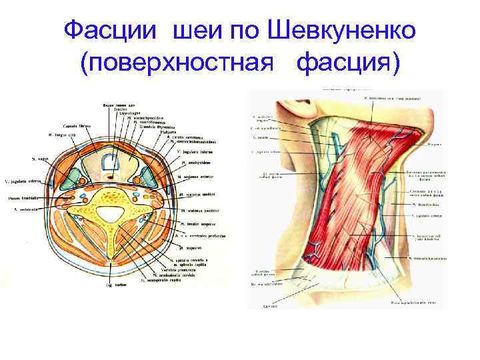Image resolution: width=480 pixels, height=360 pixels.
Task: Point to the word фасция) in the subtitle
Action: point(349,63)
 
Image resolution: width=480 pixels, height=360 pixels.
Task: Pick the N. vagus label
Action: point(41,159)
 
